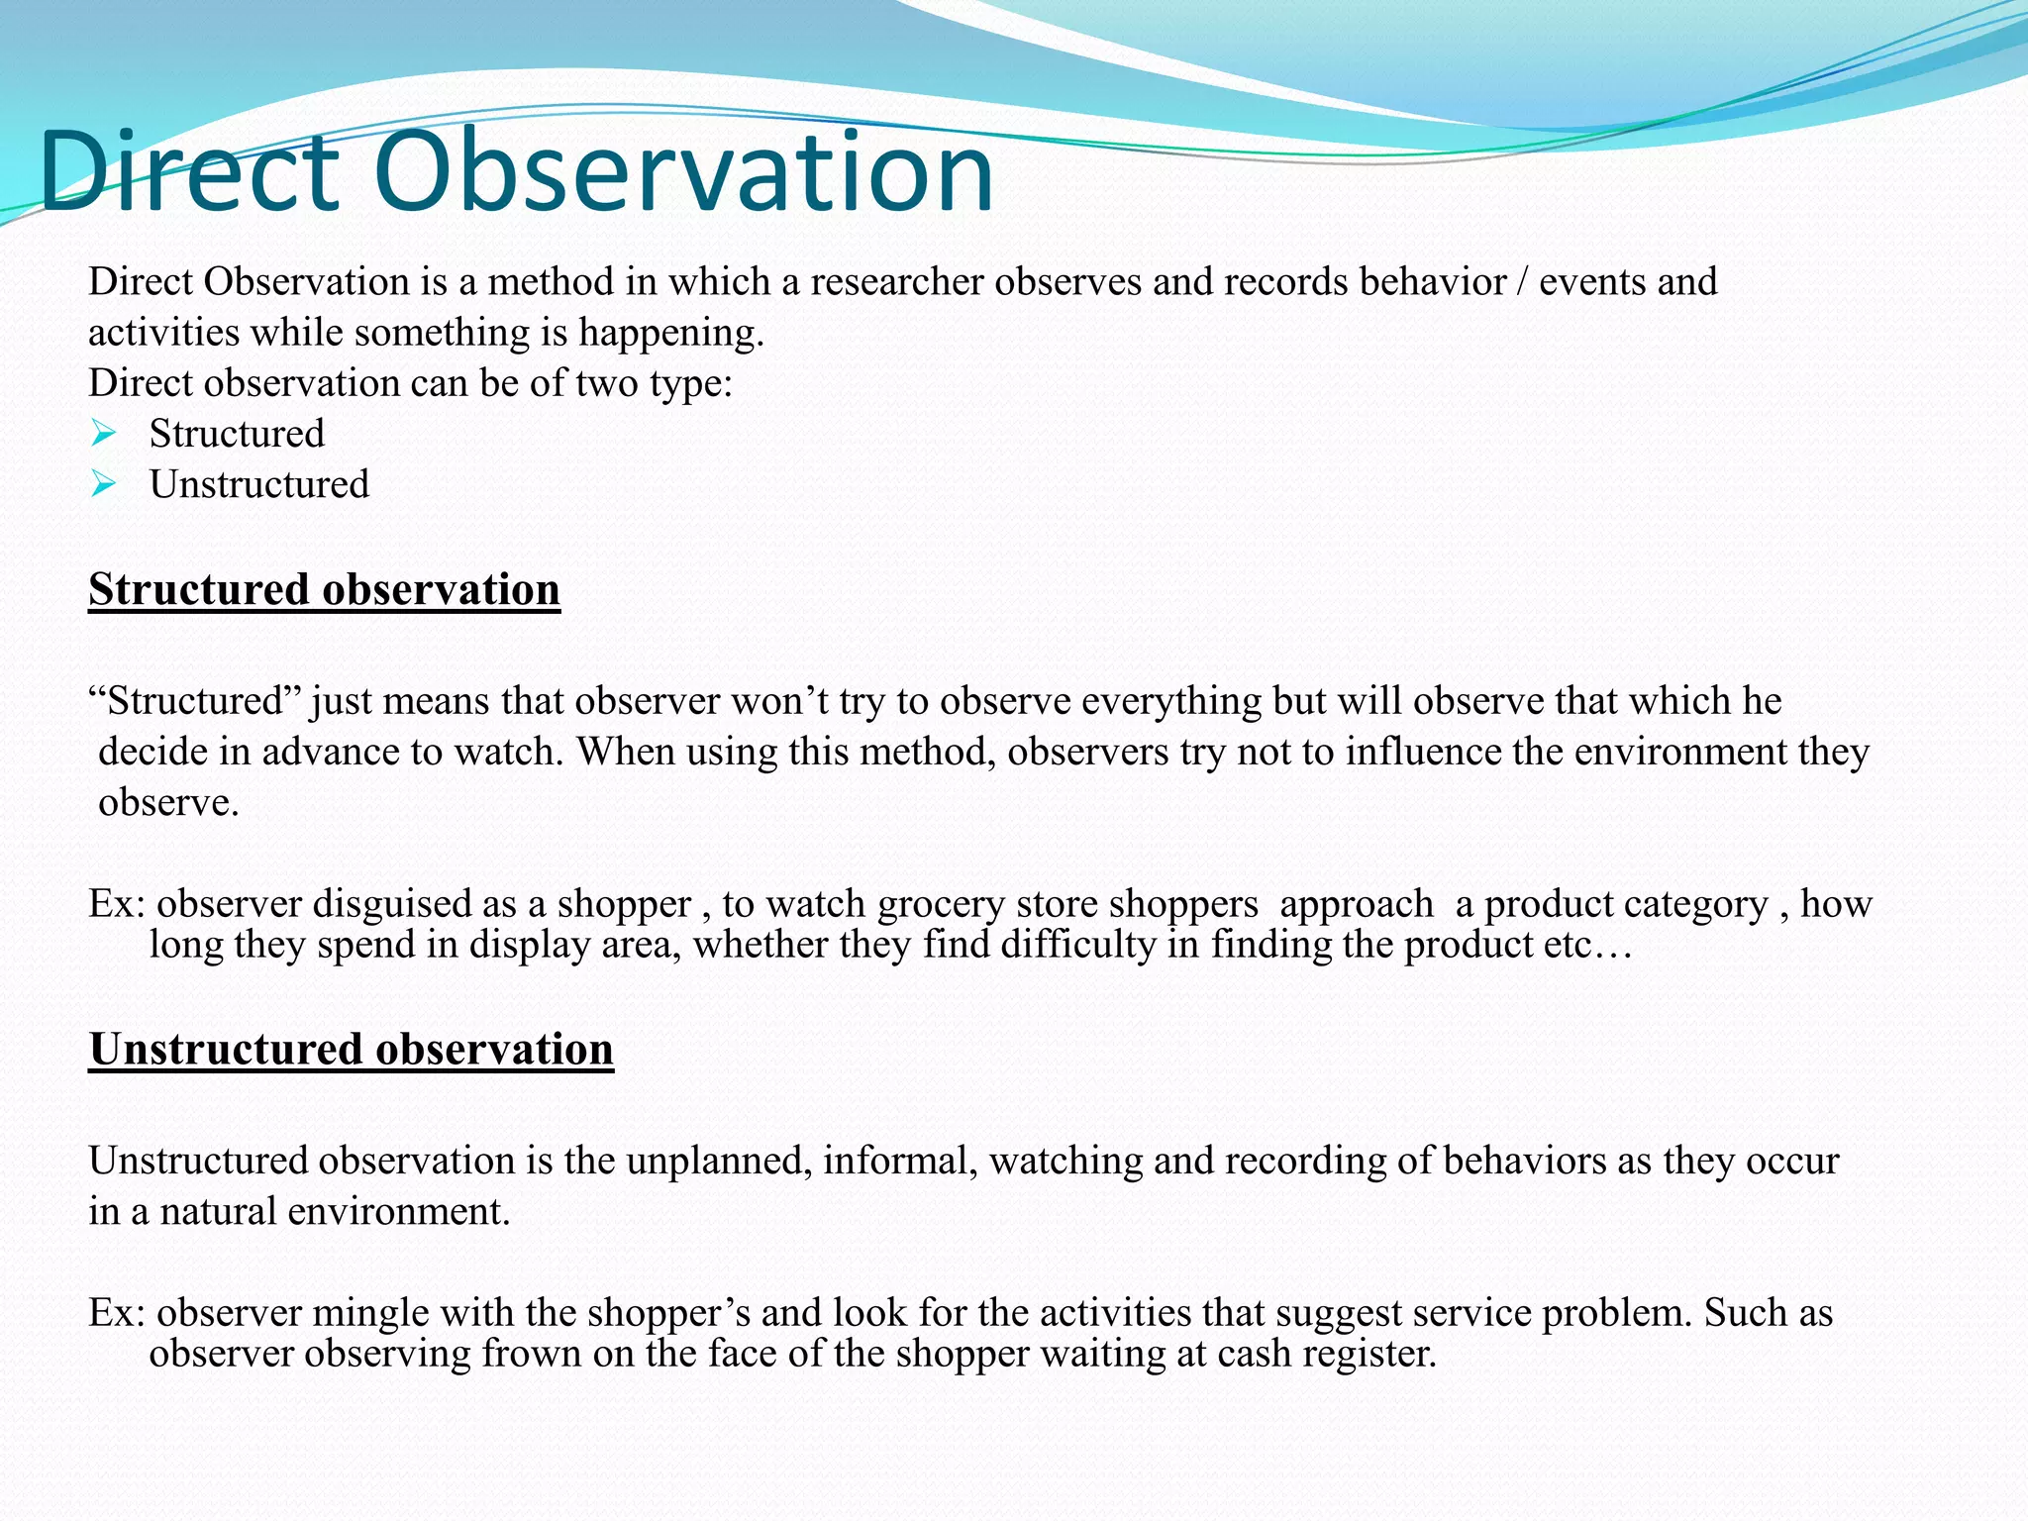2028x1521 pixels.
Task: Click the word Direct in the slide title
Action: pos(188,173)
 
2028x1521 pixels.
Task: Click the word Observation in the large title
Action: pos(683,173)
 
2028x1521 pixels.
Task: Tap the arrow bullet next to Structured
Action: pos(103,434)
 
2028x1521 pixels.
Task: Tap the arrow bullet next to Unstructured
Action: pos(103,484)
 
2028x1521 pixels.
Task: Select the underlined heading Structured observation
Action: pos(324,590)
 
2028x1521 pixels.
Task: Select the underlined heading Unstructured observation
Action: pos(351,1050)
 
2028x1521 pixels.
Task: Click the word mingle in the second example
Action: pos(370,1313)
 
